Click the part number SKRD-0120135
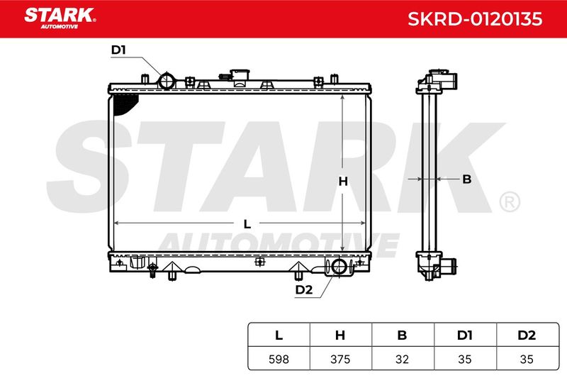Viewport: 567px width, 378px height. [475, 19]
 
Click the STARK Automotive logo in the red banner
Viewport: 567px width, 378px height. [60, 18]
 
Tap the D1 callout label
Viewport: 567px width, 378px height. [118, 50]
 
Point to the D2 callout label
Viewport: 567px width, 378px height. [304, 290]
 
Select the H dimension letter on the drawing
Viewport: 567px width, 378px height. [343, 181]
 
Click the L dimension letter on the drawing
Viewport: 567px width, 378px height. [247, 224]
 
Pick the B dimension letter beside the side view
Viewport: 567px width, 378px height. [467, 179]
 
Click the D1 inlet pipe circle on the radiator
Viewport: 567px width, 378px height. [167, 81]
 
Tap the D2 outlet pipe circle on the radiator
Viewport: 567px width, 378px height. [339, 267]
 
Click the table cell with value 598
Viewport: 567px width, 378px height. [279, 359]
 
